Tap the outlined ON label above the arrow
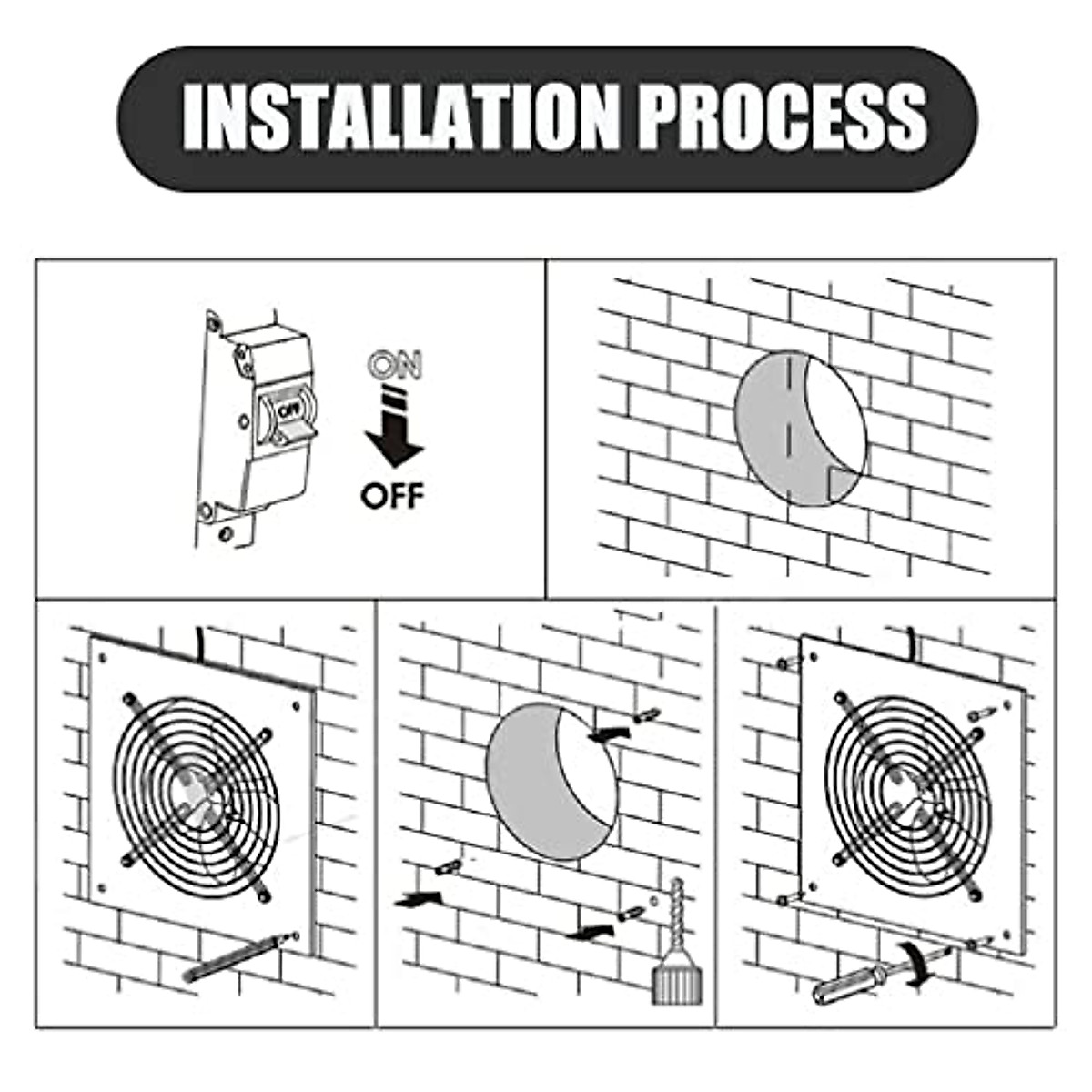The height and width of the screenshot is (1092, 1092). tap(396, 365)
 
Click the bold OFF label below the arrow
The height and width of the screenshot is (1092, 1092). tap(392, 496)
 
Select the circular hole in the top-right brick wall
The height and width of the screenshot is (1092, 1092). tap(799, 428)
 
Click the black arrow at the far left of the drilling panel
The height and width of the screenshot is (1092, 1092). tap(418, 900)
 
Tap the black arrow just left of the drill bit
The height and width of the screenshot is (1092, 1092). tap(587, 932)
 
